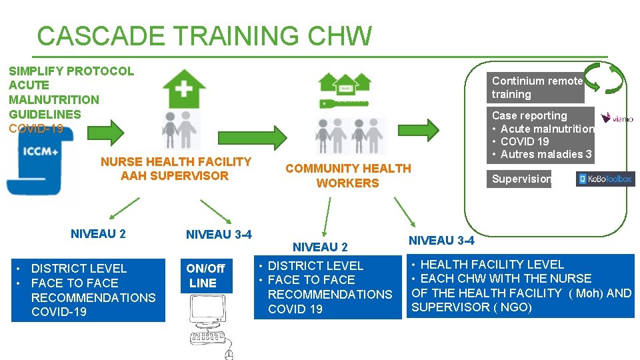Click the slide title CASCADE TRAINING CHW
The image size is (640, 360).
point(204,36)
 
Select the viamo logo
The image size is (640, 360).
point(617,118)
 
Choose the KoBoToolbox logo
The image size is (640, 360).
point(605,179)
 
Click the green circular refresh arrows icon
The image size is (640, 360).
point(605,78)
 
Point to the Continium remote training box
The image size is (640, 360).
point(537,87)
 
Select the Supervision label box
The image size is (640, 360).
point(521,179)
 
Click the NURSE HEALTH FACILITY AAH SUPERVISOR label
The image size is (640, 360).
point(176,169)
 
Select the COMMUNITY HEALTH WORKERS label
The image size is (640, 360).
point(348,176)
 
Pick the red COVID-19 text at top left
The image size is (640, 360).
point(36,129)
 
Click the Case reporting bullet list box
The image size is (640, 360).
point(541,135)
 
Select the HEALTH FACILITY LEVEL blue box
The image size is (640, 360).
point(521,286)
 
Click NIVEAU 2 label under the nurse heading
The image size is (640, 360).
point(98,234)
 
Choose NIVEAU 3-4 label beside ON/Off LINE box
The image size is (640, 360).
point(219,235)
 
